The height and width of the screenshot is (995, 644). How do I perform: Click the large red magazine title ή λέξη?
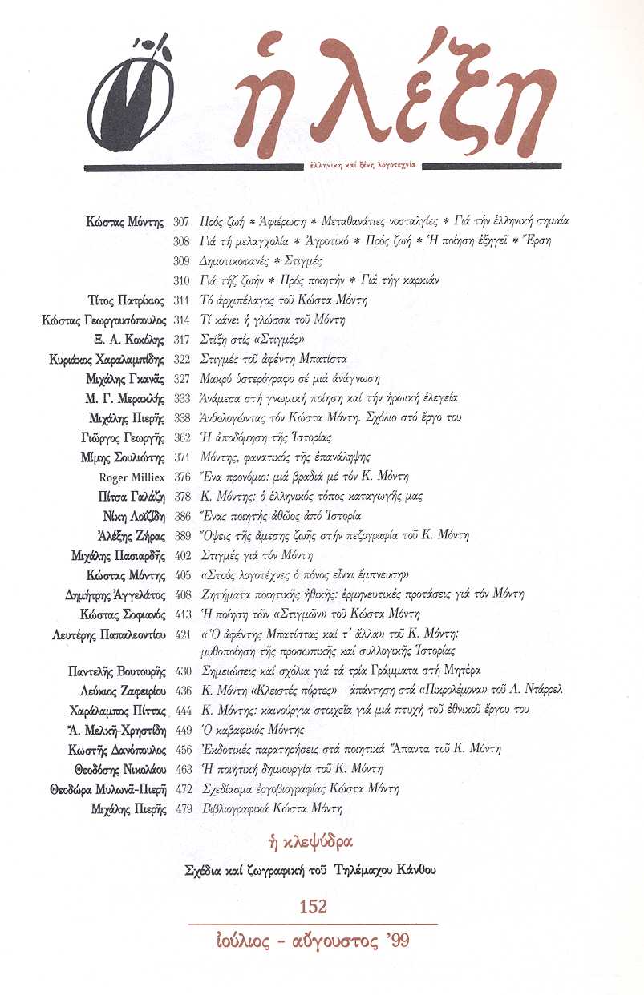pyautogui.click(x=393, y=100)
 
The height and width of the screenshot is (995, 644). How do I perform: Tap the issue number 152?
pyautogui.click(x=313, y=907)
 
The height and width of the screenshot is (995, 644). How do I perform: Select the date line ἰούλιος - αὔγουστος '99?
pyautogui.click(x=313, y=940)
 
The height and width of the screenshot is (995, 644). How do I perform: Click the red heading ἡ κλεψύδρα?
pyautogui.click(x=313, y=842)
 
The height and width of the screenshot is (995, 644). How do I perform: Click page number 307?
pyautogui.click(x=180, y=220)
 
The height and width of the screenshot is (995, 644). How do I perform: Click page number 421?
pyautogui.click(x=184, y=633)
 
